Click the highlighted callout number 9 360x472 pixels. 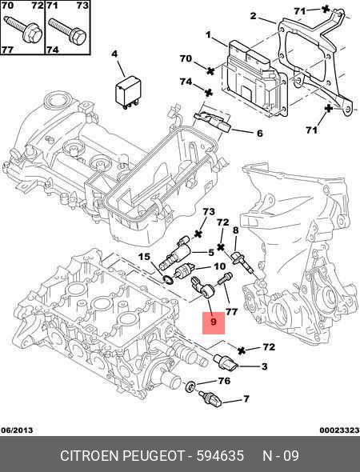tap(214, 322)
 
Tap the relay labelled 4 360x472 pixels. tap(129, 90)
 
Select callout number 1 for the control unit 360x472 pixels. tap(208, 35)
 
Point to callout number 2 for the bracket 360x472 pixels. tap(253, 16)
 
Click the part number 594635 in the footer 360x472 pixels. tap(220, 456)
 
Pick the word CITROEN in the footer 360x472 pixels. tap(89, 456)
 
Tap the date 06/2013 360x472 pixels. tap(17, 430)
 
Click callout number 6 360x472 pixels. tap(259, 133)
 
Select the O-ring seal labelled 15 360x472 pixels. tap(168, 280)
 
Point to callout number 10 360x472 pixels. tap(219, 266)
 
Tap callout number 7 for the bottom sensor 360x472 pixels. tap(246, 399)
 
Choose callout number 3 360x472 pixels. tap(264, 366)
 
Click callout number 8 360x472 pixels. tap(235, 230)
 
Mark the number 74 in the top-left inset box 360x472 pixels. tap(53, 49)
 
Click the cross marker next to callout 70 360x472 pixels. tap(210, 71)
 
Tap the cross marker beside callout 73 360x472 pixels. tap(198, 234)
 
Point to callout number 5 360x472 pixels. tap(211, 252)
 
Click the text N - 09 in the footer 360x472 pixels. tap(281, 456)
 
